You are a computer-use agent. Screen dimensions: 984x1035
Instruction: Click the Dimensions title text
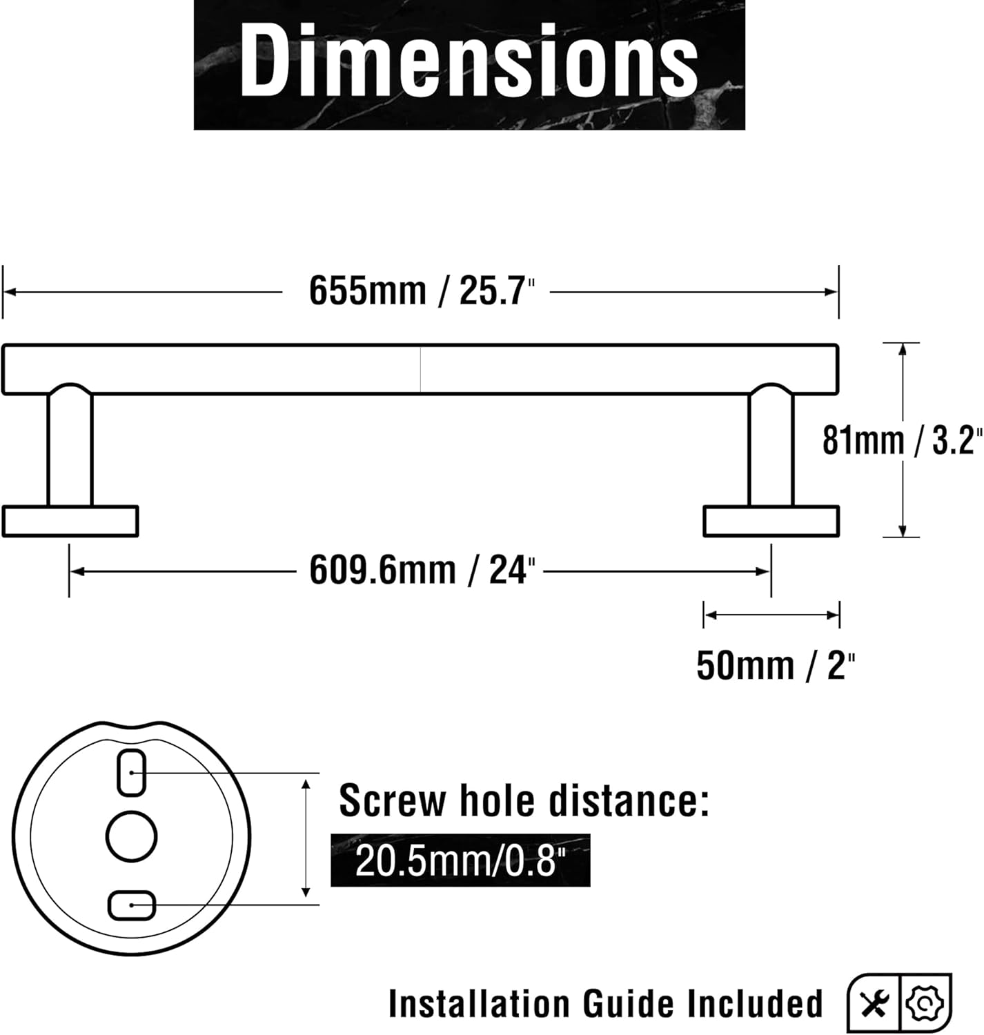[469, 61]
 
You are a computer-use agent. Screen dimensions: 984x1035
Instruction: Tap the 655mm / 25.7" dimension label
[422, 291]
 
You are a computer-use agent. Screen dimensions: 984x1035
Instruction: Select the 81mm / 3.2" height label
[903, 440]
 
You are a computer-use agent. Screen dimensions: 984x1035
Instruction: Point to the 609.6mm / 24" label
[422, 571]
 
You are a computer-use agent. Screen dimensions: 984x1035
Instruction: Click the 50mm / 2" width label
[776, 667]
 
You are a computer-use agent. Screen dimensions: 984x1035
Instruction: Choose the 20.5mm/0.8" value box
[460, 860]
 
